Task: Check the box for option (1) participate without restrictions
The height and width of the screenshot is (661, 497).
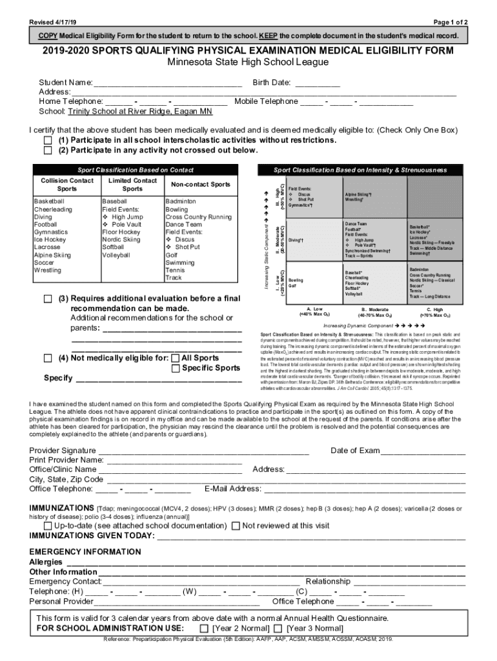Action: tap(47, 141)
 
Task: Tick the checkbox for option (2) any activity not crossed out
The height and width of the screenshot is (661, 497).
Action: tap(47, 151)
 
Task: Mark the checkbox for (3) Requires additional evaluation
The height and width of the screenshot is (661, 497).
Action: tap(47, 300)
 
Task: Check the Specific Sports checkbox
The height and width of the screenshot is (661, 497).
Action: tap(176, 369)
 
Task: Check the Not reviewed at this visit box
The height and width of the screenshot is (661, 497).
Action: tap(236, 526)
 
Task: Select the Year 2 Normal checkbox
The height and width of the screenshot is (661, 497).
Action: tap(204, 628)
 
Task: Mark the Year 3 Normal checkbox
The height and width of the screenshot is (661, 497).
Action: tap(278, 628)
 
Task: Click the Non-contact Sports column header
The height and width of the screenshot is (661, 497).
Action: tap(199, 185)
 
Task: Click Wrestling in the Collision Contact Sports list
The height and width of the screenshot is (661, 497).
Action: tap(48, 270)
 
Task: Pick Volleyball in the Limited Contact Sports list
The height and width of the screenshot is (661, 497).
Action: tap(116, 255)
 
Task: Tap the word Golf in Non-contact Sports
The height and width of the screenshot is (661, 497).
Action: tap(172, 255)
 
